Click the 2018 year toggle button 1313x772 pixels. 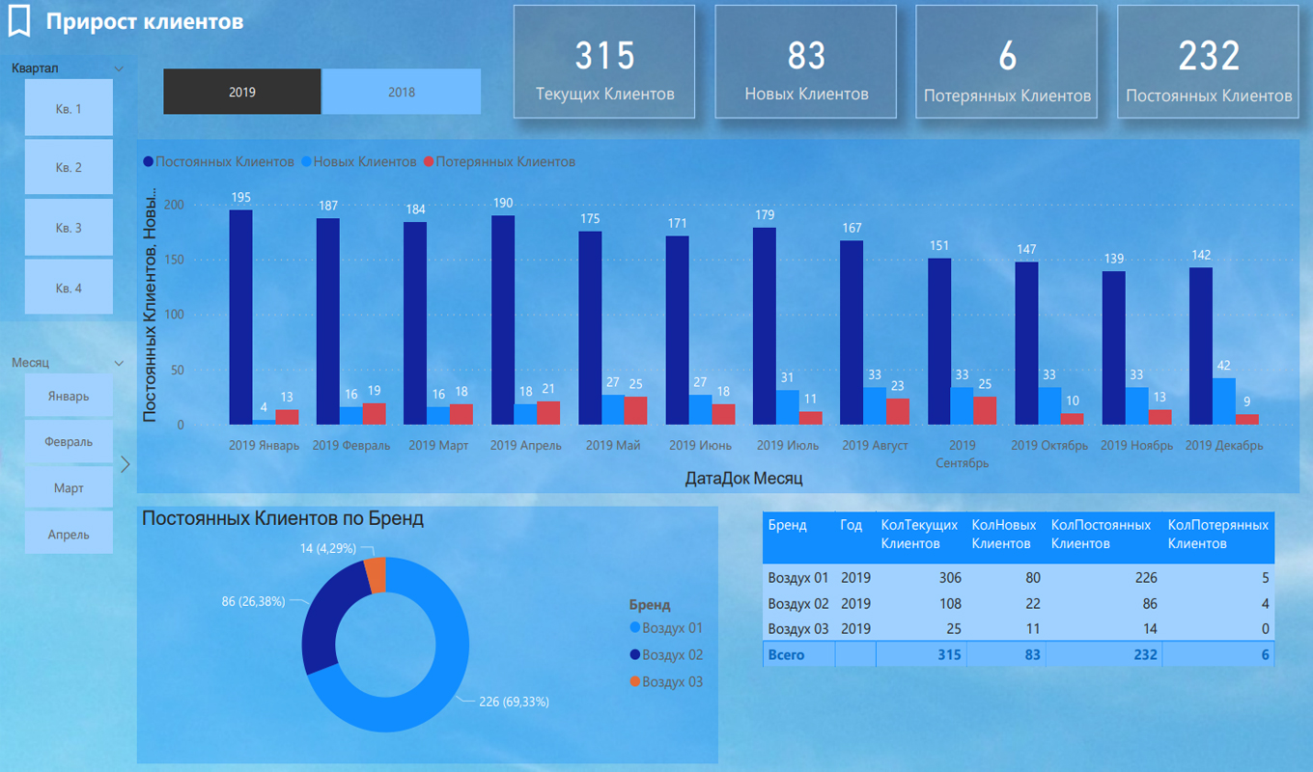pyautogui.click(x=401, y=92)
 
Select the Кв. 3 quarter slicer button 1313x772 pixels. pyautogui.click(x=69, y=228)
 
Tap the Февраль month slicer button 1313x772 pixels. pyautogui.click(x=69, y=442)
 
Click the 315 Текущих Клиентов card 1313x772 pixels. pyautogui.click(x=604, y=62)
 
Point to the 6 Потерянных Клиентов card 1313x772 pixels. pyautogui.click(x=1007, y=62)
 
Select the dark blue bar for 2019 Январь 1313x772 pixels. pyautogui.click(x=240, y=317)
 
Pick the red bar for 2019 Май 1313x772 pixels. pyautogui.click(x=635, y=410)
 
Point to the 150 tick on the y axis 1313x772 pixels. pyautogui.click(x=174, y=260)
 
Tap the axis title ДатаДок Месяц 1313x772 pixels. pyautogui.click(x=743, y=478)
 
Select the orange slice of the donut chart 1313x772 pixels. pyautogui.click(x=376, y=575)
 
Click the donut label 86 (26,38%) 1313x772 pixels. pyautogui.click(x=253, y=601)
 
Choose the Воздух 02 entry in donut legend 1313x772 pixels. pyautogui.click(x=672, y=655)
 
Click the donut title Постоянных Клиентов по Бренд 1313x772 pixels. pyautogui.click(x=283, y=518)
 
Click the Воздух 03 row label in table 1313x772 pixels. pyautogui.click(x=797, y=628)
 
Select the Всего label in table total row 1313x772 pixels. pyautogui.click(x=786, y=655)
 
